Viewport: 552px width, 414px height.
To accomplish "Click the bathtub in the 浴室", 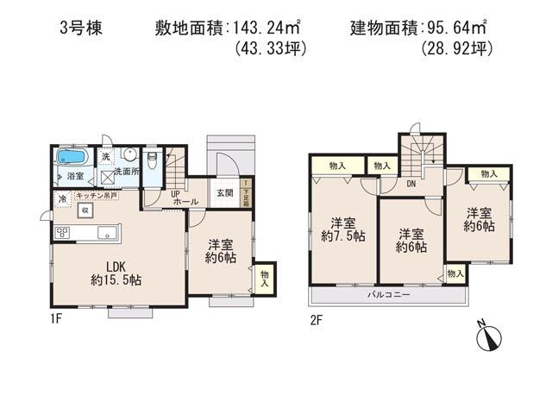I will pyautogui.click(x=69, y=158).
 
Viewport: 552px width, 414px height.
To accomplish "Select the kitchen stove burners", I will pyautogui.click(x=63, y=231).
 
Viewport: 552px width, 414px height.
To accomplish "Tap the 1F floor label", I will pyautogui.click(x=57, y=318).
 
